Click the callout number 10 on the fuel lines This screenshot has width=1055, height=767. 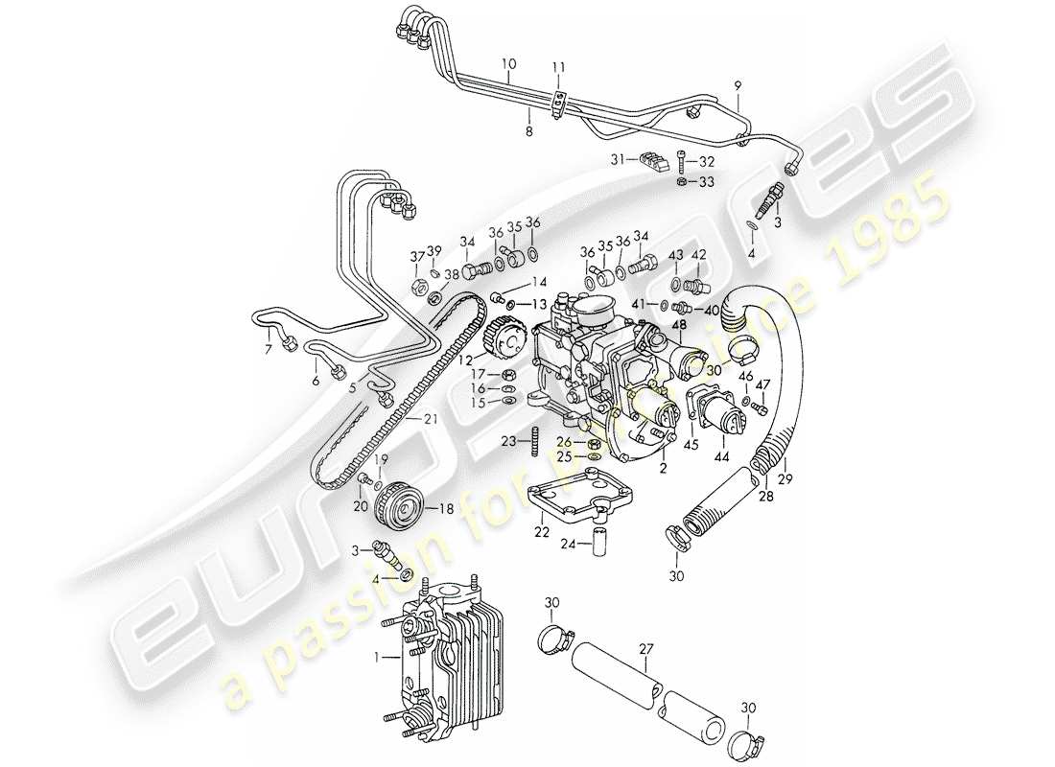click(508, 64)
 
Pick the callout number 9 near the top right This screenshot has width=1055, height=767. click(738, 85)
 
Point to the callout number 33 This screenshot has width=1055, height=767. click(707, 181)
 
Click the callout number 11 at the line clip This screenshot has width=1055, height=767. click(559, 67)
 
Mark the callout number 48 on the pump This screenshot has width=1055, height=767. click(679, 325)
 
